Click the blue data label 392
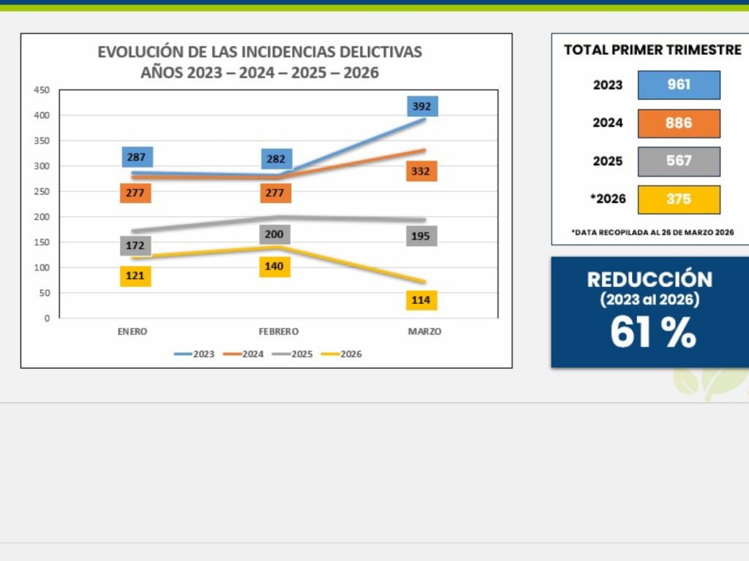[x=422, y=107]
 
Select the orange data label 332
[x=421, y=172]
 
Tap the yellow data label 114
[x=421, y=300]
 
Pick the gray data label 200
[x=274, y=234]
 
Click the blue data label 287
[x=136, y=157]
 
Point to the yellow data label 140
[x=274, y=267]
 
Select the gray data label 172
[x=135, y=245]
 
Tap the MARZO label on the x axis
[x=424, y=332]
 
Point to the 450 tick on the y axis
[x=42, y=90]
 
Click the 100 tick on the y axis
[x=42, y=267]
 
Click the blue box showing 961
[x=679, y=85]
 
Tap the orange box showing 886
[x=679, y=123]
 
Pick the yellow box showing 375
[x=679, y=199]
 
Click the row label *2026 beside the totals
[x=606, y=199]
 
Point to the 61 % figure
[x=653, y=332]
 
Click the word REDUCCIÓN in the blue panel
[x=650, y=280]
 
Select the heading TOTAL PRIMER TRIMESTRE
[x=652, y=50]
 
